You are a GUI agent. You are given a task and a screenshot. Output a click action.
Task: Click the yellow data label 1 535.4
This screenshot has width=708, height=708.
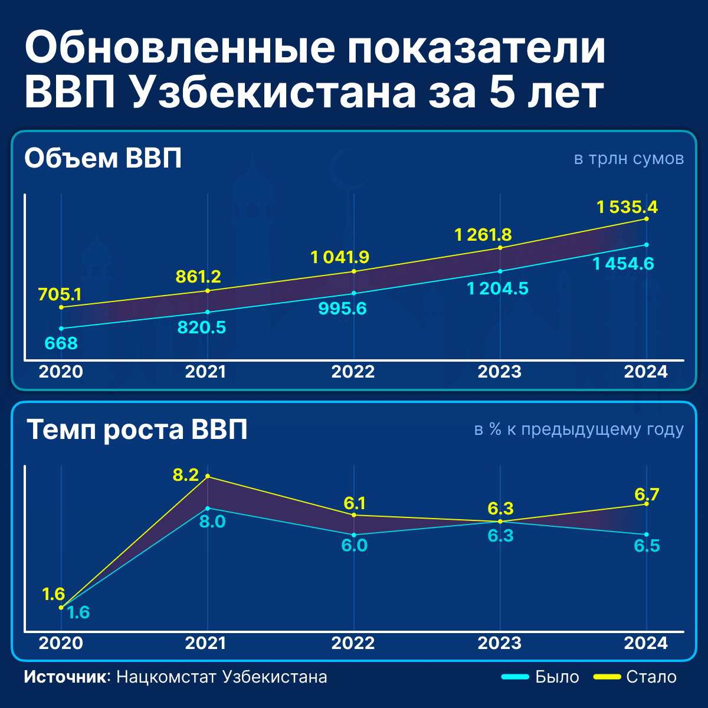tap(627, 207)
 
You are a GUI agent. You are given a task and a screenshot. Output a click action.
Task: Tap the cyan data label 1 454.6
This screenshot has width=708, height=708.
tap(624, 264)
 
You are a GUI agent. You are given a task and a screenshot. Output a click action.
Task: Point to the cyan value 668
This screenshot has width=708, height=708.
tap(61, 343)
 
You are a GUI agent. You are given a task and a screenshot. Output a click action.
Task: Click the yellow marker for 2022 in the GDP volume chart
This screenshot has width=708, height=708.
tap(354, 271)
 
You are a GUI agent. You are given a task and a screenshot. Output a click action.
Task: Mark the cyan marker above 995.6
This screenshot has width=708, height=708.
tap(354, 293)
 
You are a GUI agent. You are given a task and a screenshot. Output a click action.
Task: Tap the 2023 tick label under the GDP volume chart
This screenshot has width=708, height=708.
tap(499, 372)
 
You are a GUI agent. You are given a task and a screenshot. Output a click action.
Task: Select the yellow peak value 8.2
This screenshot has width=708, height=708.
tap(186, 475)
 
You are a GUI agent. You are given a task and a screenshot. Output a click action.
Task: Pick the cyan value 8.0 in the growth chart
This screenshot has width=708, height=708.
tap(212, 522)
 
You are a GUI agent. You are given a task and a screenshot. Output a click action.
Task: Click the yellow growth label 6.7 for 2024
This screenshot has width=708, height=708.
tap(647, 494)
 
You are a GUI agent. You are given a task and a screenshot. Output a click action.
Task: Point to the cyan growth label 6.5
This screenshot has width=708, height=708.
tap(647, 546)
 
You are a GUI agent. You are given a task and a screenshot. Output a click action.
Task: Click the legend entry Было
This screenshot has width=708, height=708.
tap(556, 677)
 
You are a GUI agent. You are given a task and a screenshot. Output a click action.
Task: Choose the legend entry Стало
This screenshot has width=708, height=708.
tap(651, 677)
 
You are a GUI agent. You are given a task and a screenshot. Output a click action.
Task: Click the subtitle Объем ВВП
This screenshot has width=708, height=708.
tap(103, 159)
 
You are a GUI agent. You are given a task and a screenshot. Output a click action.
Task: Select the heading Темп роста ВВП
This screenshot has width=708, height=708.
tap(137, 430)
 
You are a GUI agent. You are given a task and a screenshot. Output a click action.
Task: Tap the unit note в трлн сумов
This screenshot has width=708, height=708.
tap(629, 159)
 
